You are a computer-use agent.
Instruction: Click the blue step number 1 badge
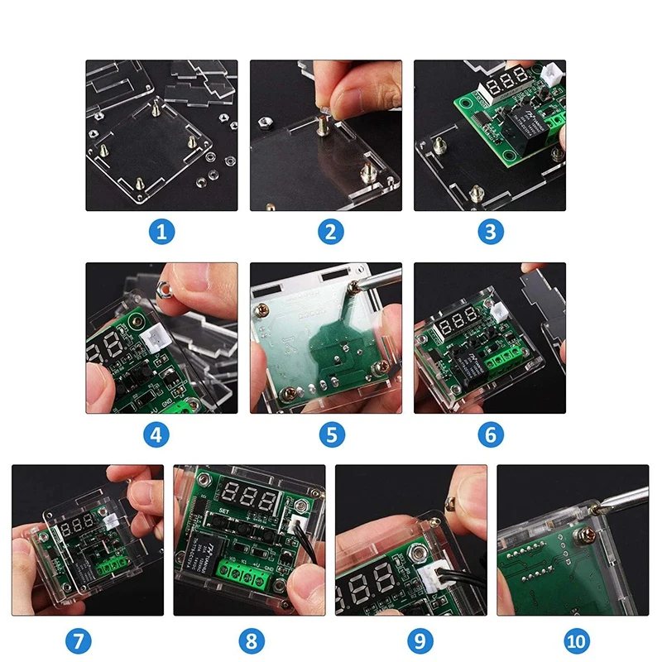click(162, 232)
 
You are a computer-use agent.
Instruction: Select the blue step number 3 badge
click(490, 232)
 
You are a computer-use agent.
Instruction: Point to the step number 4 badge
click(162, 434)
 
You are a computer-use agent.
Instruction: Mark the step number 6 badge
click(490, 434)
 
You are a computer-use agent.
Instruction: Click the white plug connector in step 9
click(430, 578)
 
